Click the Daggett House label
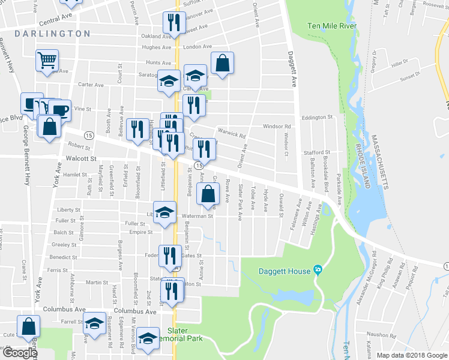point(285,271)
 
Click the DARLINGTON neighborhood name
point(52,34)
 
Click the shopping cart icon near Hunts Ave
point(47,60)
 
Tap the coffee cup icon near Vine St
point(60,110)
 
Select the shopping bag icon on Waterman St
point(208,194)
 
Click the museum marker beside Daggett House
point(318,271)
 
